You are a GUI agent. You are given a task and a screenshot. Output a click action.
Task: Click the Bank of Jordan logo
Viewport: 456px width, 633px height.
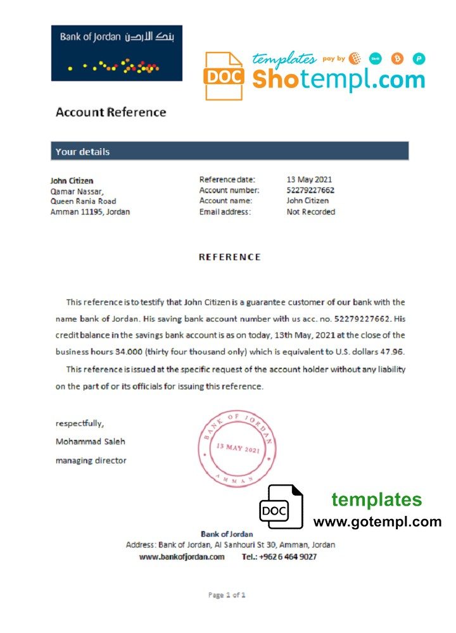[117, 53]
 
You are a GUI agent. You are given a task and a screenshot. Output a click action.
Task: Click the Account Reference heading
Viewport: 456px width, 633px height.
[111, 113]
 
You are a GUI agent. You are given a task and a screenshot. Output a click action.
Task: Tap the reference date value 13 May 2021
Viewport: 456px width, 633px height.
[309, 180]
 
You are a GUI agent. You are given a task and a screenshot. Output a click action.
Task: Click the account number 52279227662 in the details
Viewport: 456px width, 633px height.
[310, 191]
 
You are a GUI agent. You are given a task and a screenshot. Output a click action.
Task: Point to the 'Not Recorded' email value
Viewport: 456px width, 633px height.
[310, 212]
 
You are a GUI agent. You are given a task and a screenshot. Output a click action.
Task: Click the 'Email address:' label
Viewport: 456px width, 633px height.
[225, 212]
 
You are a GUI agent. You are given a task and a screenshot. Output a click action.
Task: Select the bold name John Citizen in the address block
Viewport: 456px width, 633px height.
[72, 180]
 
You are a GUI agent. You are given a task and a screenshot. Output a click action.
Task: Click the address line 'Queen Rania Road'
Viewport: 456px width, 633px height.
[83, 201]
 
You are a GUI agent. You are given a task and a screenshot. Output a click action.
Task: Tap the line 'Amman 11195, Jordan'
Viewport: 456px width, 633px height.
[90, 212]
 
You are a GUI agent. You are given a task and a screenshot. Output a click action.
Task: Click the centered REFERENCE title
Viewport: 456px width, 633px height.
[229, 257]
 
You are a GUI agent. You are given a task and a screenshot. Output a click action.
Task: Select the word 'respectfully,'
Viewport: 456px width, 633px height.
[80, 423]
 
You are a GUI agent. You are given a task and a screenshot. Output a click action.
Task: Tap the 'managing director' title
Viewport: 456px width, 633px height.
[91, 460]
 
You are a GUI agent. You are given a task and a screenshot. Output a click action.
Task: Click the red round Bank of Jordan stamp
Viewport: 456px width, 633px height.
[237, 448]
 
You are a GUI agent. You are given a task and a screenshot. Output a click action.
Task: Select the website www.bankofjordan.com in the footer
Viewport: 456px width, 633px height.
[182, 557]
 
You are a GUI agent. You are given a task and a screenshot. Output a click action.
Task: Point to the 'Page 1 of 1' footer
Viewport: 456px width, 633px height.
[227, 595]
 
